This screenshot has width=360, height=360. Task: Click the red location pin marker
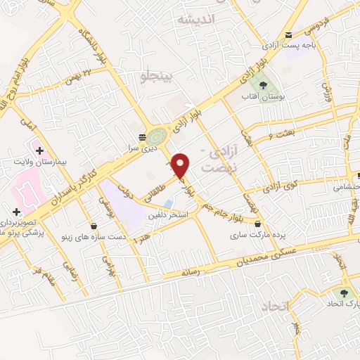click(x=181, y=165)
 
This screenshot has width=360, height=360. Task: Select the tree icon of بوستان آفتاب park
click(x=262, y=84)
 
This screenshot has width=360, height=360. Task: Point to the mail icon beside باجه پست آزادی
click(x=289, y=35)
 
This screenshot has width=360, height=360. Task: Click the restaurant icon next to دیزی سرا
click(x=142, y=136)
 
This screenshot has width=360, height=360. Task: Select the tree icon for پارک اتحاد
click(x=344, y=293)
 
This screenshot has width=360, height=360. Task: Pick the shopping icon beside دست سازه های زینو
click(x=95, y=227)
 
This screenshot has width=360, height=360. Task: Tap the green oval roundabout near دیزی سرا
click(x=158, y=133)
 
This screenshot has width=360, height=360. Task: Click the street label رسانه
click(x=192, y=270)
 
